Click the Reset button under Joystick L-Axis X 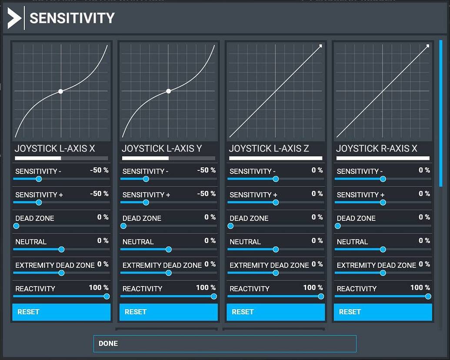click(x=61, y=312)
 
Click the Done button click(x=225, y=343)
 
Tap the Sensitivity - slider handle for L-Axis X click(x=39, y=179)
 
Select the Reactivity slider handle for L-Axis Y click(x=213, y=297)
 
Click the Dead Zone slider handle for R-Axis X click(x=338, y=226)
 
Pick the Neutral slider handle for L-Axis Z click(x=276, y=250)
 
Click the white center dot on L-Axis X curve click(x=61, y=91)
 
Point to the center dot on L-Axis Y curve click(x=168, y=91)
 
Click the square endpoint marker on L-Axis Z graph click(x=320, y=46)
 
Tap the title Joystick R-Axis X click(x=377, y=149)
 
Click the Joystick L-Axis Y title click(x=162, y=149)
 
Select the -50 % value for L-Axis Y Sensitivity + click(x=207, y=194)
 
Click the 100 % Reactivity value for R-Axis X click(x=420, y=288)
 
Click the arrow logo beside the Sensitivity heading click(x=14, y=18)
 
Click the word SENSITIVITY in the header click(x=72, y=18)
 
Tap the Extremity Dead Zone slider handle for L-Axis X click(x=61, y=273)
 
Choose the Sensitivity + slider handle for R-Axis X click(x=383, y=202)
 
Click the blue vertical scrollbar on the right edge click(x=441, y=113)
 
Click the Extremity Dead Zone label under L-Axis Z click(x=269, y=265)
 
